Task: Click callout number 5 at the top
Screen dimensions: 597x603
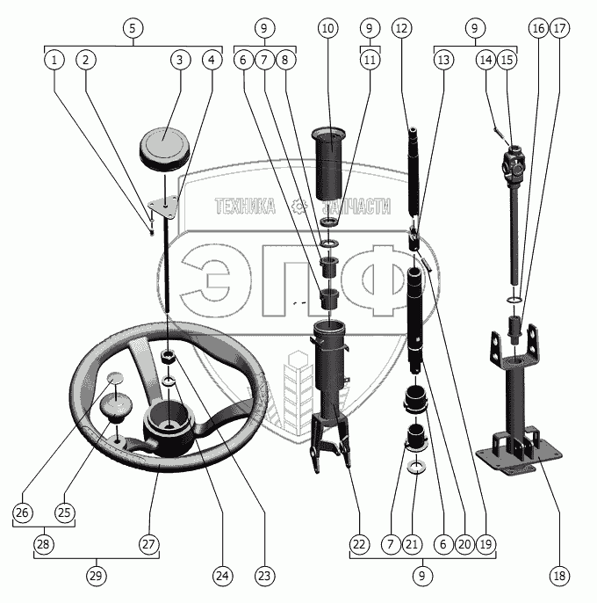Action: click(x=132, y=28)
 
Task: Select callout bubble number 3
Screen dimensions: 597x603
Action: click(x=179, y=60)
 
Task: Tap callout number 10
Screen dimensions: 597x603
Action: click(x=327, y=28)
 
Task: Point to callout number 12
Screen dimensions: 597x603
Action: click(x=402, y=28)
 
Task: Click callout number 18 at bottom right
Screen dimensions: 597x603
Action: click(x=559, y=577)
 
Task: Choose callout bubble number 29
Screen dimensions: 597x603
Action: click(x=96, y=577)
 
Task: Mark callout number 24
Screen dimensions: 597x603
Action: click(x=222, y=577)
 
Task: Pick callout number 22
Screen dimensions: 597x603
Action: click(x=358, y=545)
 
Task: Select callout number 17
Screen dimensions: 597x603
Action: click(x=560, y=28)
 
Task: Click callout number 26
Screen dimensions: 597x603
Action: click(x=23, y=512)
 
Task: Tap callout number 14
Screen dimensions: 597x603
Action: click(x=486, y=60)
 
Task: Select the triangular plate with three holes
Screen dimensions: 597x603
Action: click(x=164, y=207)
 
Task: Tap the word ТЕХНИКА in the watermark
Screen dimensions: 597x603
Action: click(x=245, y=207)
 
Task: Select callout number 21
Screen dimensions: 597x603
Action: click(x=413, y=545)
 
